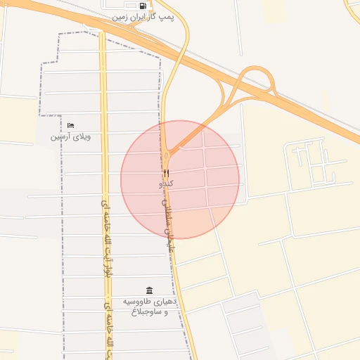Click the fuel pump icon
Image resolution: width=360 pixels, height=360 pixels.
tap(143, 6)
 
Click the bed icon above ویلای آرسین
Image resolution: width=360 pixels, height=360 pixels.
tap(70, 125)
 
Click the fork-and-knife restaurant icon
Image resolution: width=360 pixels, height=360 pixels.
tap(166, 173)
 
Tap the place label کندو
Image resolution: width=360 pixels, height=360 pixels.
tap(167, 184)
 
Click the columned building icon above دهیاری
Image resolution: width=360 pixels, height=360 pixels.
tap(149, 290)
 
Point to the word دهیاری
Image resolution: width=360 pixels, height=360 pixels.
tap(169, 302)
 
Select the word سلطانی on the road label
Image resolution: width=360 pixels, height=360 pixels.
tap(166, 211)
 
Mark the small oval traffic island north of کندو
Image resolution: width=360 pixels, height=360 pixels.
tap(166, 154)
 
